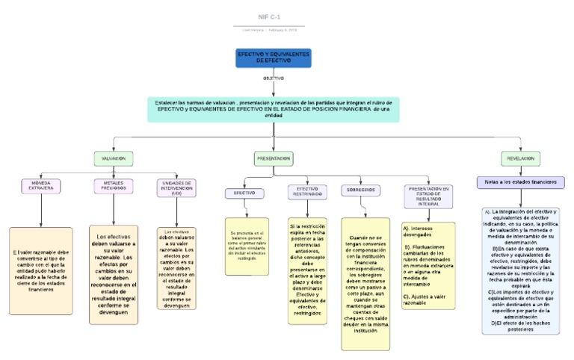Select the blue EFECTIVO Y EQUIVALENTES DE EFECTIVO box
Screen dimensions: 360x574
coord(274,58)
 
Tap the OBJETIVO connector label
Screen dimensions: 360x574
coord(273,78)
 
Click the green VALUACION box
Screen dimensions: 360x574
coord(114,158)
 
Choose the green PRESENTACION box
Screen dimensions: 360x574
coord(274,158)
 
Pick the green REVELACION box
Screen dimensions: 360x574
coord(520,158)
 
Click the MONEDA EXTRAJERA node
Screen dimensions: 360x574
coord(41,185)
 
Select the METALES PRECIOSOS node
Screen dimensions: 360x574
coord(114,185)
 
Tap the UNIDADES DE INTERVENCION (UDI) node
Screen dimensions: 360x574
coord(176,187)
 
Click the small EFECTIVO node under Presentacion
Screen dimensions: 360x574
coord(244,193)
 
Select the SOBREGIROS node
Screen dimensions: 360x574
coord(360,190)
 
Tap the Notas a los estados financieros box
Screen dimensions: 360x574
coord(520,182)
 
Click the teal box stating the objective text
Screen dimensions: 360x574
coord(274,109)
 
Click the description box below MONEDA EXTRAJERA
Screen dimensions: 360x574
coord(41,270)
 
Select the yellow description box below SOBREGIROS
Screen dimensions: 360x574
coord(365,284)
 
